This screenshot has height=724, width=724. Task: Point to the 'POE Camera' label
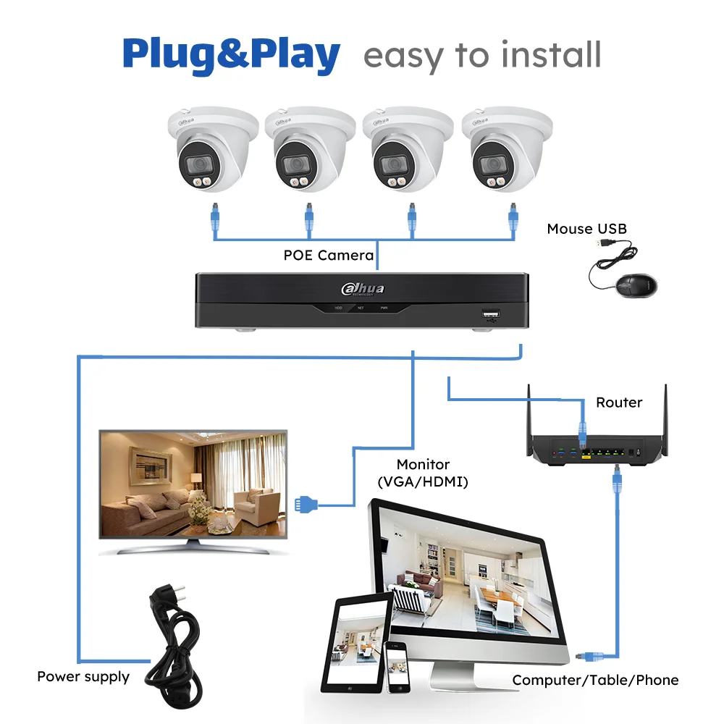(x=328, y=255)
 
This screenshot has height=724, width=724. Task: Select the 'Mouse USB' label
(x=586, y=229)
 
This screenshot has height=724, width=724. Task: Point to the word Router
(x=618, y=403)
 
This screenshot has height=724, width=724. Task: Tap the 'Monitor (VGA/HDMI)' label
(x=423, y=472)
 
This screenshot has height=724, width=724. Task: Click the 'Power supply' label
(x=83, y=677)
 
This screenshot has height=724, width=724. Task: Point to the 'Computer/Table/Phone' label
(x=595, y=680)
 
